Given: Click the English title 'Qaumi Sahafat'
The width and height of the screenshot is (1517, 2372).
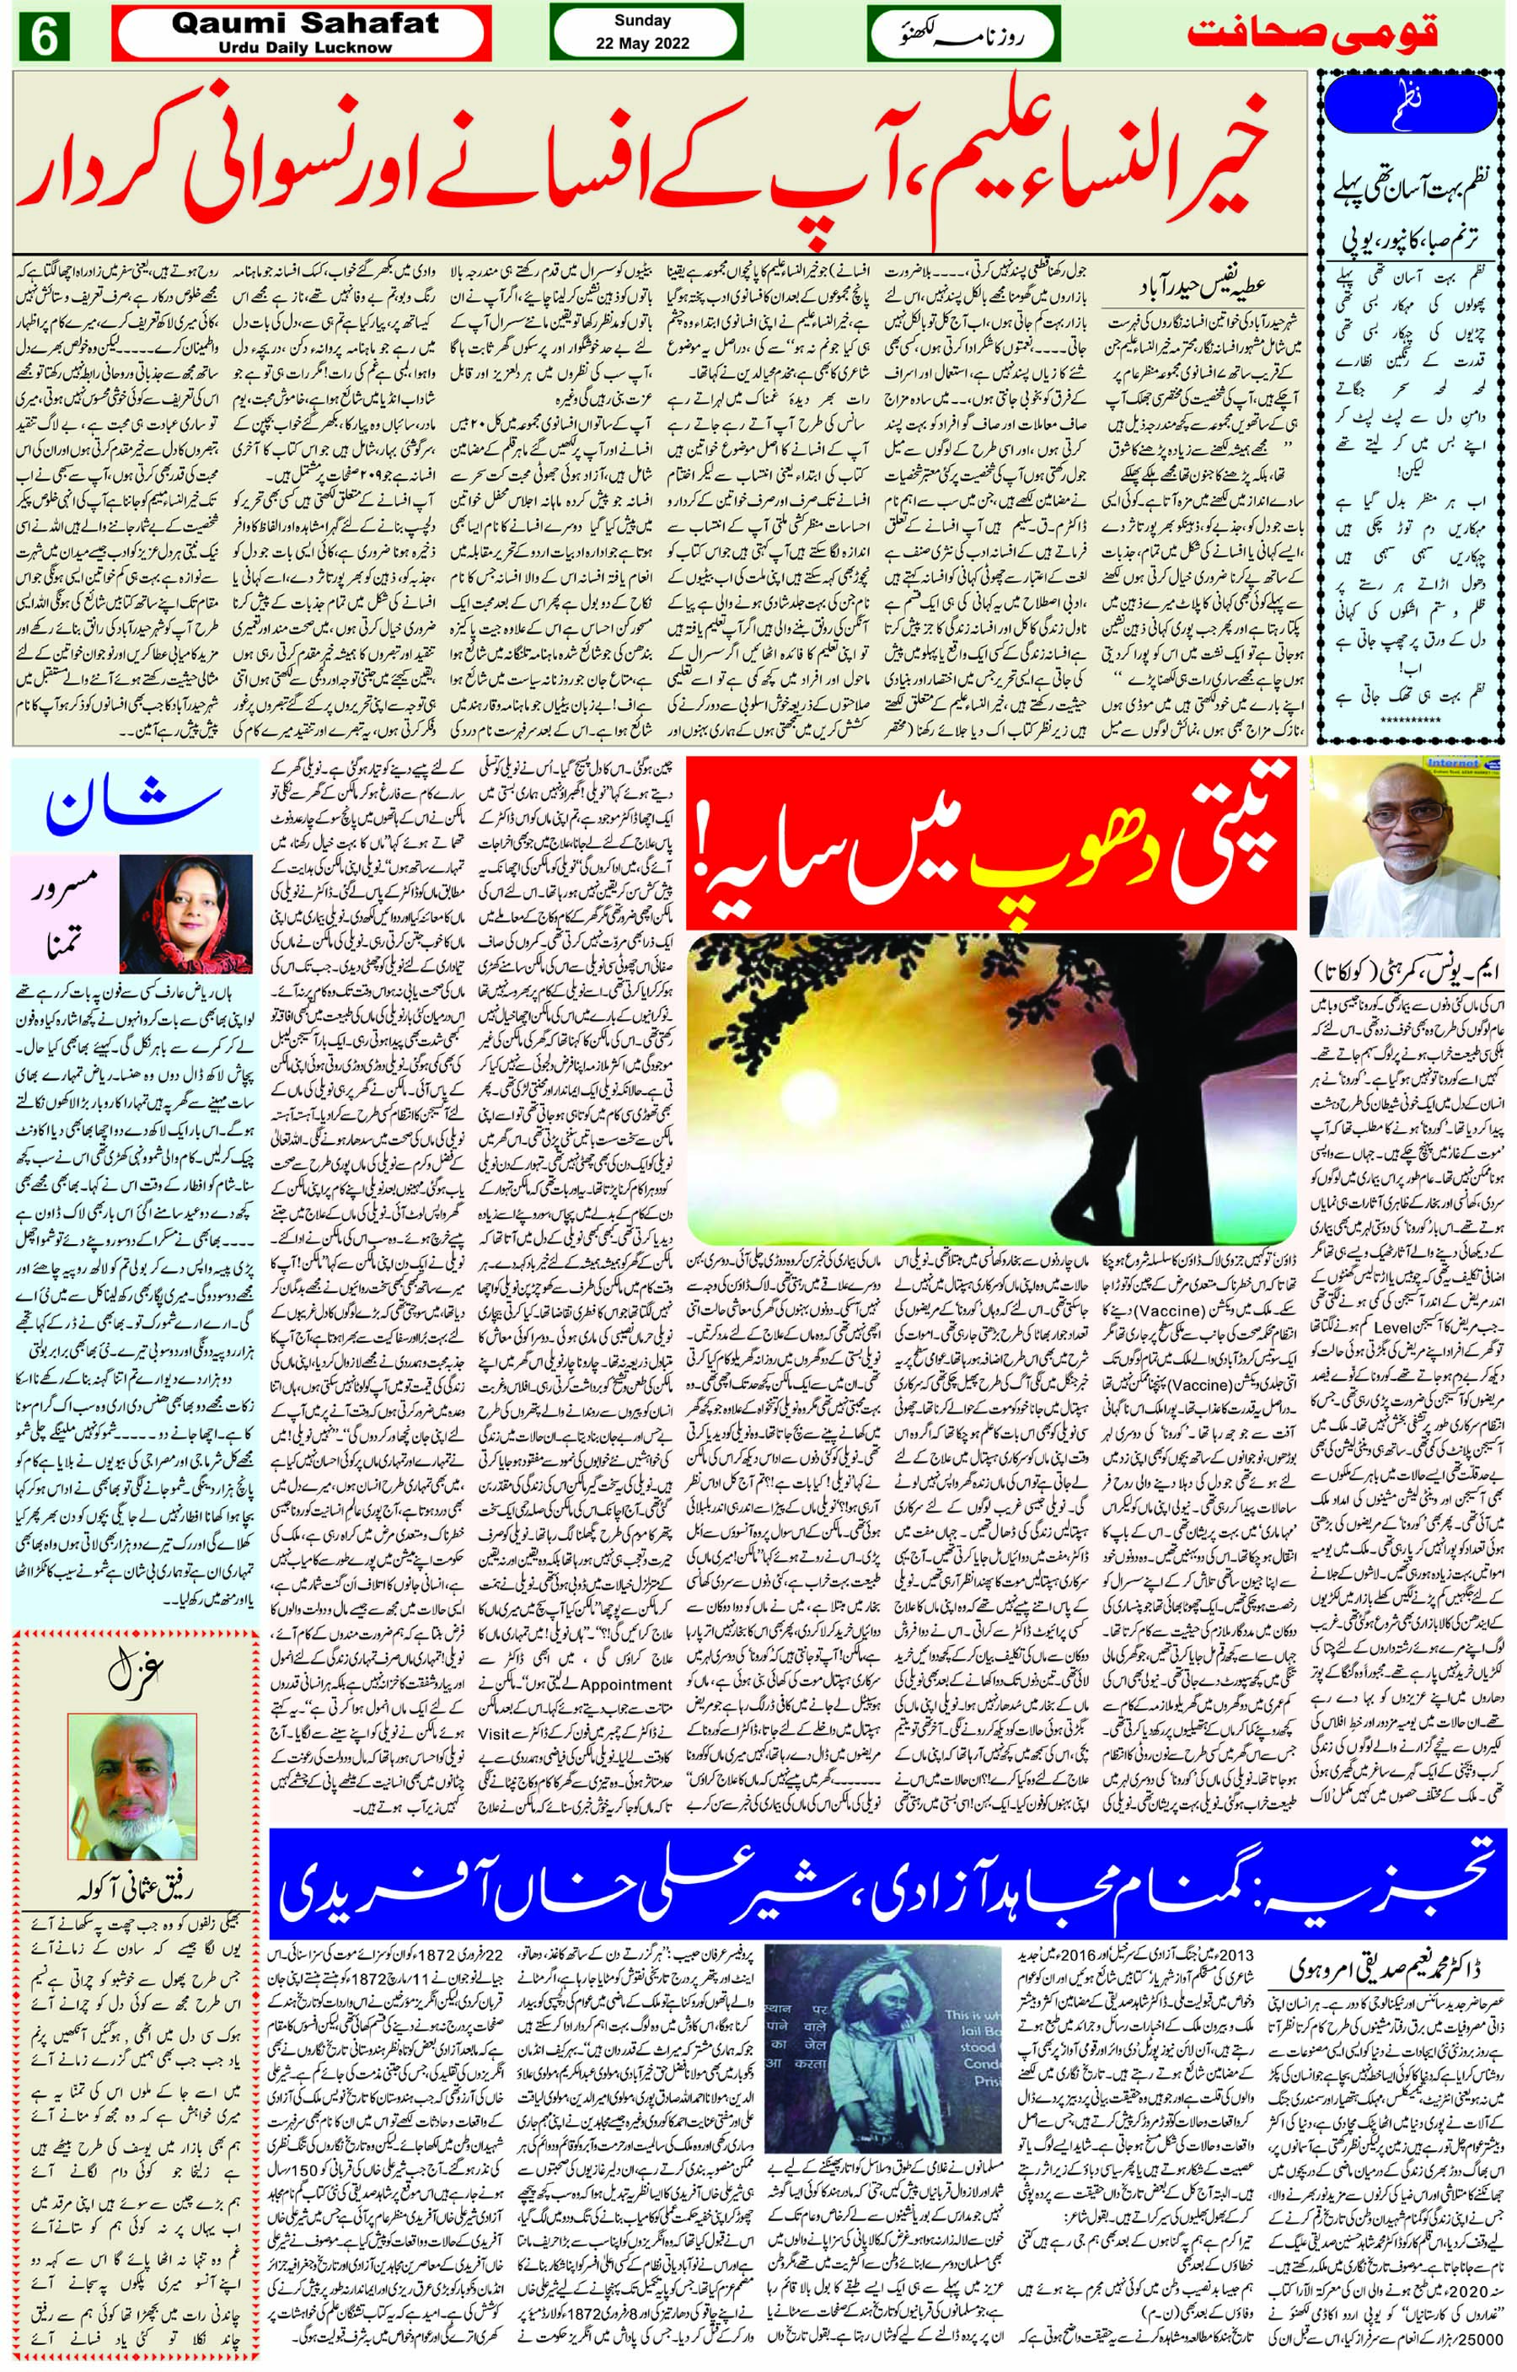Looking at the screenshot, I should pyautogui.click(x=305, y=23).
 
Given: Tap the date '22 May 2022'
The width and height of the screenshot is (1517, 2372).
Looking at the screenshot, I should pyautogui.click(x=642, y=43).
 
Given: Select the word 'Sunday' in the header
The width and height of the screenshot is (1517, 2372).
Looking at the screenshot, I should pyautogui.click(x=642, y=19).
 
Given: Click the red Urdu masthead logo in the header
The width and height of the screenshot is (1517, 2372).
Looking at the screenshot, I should pyautogui.click(x=1312, y=33).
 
